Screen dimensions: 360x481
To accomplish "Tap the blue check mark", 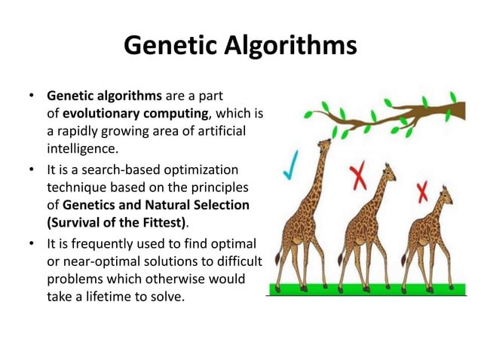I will click(x=290, y=163).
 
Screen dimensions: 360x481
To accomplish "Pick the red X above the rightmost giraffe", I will click(x=423, y=191).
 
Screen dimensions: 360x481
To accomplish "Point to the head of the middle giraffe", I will click(x=389, y=172).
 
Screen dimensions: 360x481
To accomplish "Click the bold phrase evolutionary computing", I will click(x=135, y=114).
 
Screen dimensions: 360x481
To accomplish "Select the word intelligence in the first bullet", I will click(x=82, y=148).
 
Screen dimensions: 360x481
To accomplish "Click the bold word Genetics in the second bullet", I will click(x=94, y=205).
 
